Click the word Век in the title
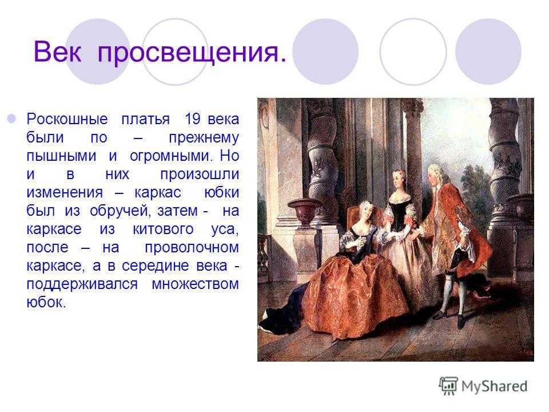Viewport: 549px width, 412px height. coord(57,52)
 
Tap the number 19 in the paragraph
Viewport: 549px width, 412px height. coord(193,118)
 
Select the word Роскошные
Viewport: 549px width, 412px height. coord(67,119)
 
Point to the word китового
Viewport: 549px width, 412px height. coord(163,229)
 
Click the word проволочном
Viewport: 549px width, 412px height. coord(192,248)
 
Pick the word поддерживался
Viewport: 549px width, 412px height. coord(82,284)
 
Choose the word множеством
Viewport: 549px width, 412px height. coord(196,284)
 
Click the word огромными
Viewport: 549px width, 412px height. coord(171,156)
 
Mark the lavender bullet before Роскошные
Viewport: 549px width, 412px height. coord(11,118)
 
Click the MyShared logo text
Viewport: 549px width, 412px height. coord(494,386)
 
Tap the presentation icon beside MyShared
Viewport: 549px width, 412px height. coord(448,386)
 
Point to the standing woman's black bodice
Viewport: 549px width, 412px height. coord(399,213)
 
